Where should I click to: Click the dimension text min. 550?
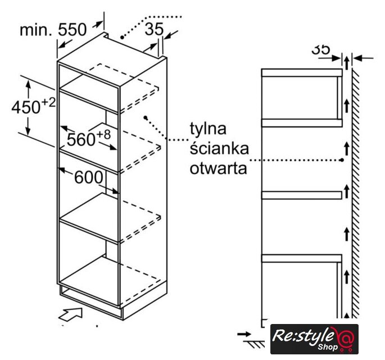pyautogui.click(x=53, y=30)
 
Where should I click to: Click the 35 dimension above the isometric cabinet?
pyautogui.click(x=154, y=29)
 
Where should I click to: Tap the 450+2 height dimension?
pyautogui.click(x=34, y=106)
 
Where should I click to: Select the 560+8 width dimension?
pyautogui.click(x=89, y=138)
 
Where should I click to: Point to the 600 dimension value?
pyautogui.click(x=89, y=177)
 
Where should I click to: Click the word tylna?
pyautogui.click(x=208, y=128)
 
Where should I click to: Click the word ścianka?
pyautogui.click(x=219, y=148)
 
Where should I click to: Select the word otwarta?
pyautogui.click(x=218, y=169)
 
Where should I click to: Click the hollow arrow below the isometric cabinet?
pyautogui.click(x=70, y=314)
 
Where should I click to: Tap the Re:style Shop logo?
pyautogui.click(x=314, y=339)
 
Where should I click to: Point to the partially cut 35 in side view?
pyautogui.click(x=320, y=49)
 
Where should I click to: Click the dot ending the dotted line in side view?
pyautogui.click(x=342, y=160)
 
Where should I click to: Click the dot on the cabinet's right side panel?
pyautogui.click(x=146, y=118)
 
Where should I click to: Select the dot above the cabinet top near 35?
pyautogui.click(x=122, y=37)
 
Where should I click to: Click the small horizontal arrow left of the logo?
pyautogui.click(x=244, y=334)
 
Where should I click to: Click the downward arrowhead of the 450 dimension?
pyautogui.click(x=28, y=130)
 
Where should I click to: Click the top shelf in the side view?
pyautogui.click(x=302, y=73)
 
